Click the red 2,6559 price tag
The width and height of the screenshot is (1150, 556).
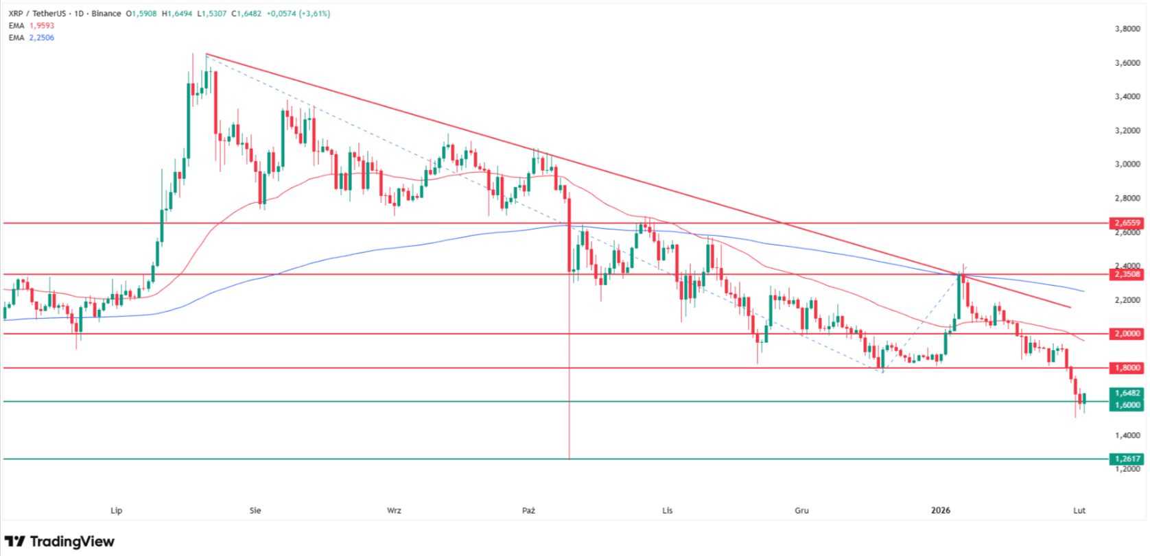1127,223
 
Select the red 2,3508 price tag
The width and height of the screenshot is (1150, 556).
1127,274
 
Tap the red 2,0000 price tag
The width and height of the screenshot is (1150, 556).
1127,334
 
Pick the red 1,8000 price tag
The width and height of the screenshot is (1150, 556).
1127,368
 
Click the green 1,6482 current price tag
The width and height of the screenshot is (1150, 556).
1127,394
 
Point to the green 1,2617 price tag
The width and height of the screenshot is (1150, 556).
1127,459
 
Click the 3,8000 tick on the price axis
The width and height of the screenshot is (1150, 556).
1127,29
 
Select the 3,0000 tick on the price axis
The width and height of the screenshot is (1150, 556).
1127,165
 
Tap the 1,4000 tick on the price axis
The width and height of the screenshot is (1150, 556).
1127,435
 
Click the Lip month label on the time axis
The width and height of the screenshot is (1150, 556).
117,511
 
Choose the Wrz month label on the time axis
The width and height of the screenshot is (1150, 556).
394,511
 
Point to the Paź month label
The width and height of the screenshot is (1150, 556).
528,511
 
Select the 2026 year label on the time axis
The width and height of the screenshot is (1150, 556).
941,511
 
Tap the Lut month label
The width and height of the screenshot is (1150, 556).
1079,511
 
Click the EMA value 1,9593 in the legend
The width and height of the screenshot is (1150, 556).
41,25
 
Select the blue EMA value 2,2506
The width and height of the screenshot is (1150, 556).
41,38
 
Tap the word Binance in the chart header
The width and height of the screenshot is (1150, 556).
106,14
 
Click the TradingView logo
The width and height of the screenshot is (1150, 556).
60,542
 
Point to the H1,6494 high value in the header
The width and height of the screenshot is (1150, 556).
177,14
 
